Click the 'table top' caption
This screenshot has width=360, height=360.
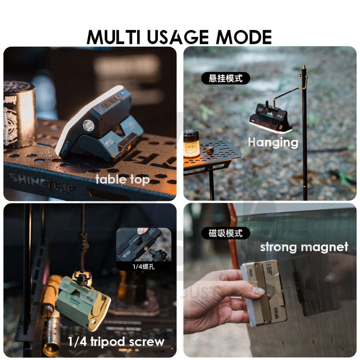tap(123, 180)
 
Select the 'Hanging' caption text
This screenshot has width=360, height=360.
tap(273, 142)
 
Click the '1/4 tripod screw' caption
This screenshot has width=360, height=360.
tap(116, 341)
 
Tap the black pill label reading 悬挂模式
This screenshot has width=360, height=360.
tap(226, 78)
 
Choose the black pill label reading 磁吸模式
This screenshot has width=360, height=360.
tap(226, 233)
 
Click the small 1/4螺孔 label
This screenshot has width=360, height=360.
tap(143, 266)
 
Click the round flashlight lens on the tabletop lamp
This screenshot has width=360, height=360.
tap(88, 126)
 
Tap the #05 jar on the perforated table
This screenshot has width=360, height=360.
tap(191, 143)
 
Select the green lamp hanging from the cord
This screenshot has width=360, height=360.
tap(83, 302)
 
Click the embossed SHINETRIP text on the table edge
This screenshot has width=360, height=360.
tap(42, 183)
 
